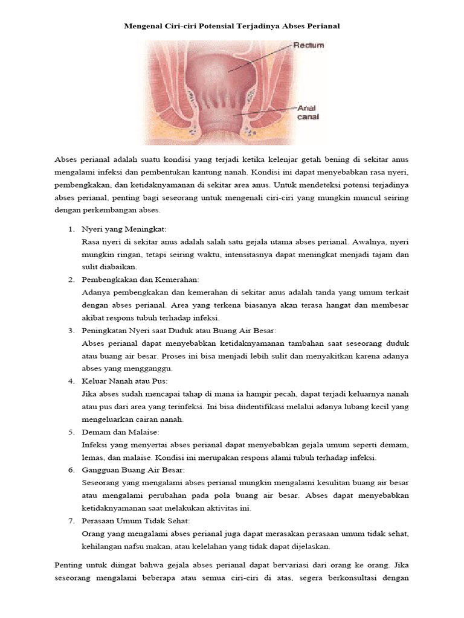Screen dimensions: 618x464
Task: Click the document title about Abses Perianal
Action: tap(232, 27)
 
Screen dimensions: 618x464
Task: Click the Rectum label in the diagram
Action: tap(309, 45)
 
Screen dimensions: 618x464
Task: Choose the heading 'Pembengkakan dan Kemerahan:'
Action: tap(140, 280)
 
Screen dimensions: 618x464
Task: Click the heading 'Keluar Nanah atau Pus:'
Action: tap(124, 381)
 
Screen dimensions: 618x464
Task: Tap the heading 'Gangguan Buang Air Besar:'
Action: tap(133, 470)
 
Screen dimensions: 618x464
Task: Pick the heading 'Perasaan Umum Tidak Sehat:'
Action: tap(136, 520)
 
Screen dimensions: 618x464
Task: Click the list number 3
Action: tap(70, 331)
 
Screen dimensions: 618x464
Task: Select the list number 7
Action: tap(70, 520)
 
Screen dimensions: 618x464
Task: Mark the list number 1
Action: tap(70, 230)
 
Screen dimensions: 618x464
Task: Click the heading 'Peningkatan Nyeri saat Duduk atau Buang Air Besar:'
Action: tap(179, 331)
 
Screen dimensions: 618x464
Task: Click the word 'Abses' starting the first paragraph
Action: tap(66, 159)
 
